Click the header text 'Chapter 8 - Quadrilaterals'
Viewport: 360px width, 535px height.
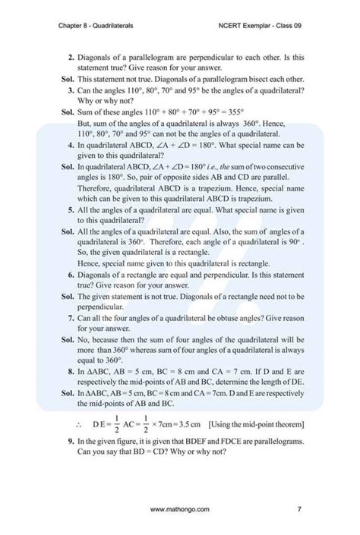[x=96, y=26]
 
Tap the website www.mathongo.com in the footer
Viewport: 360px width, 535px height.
[x=180, y=510]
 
